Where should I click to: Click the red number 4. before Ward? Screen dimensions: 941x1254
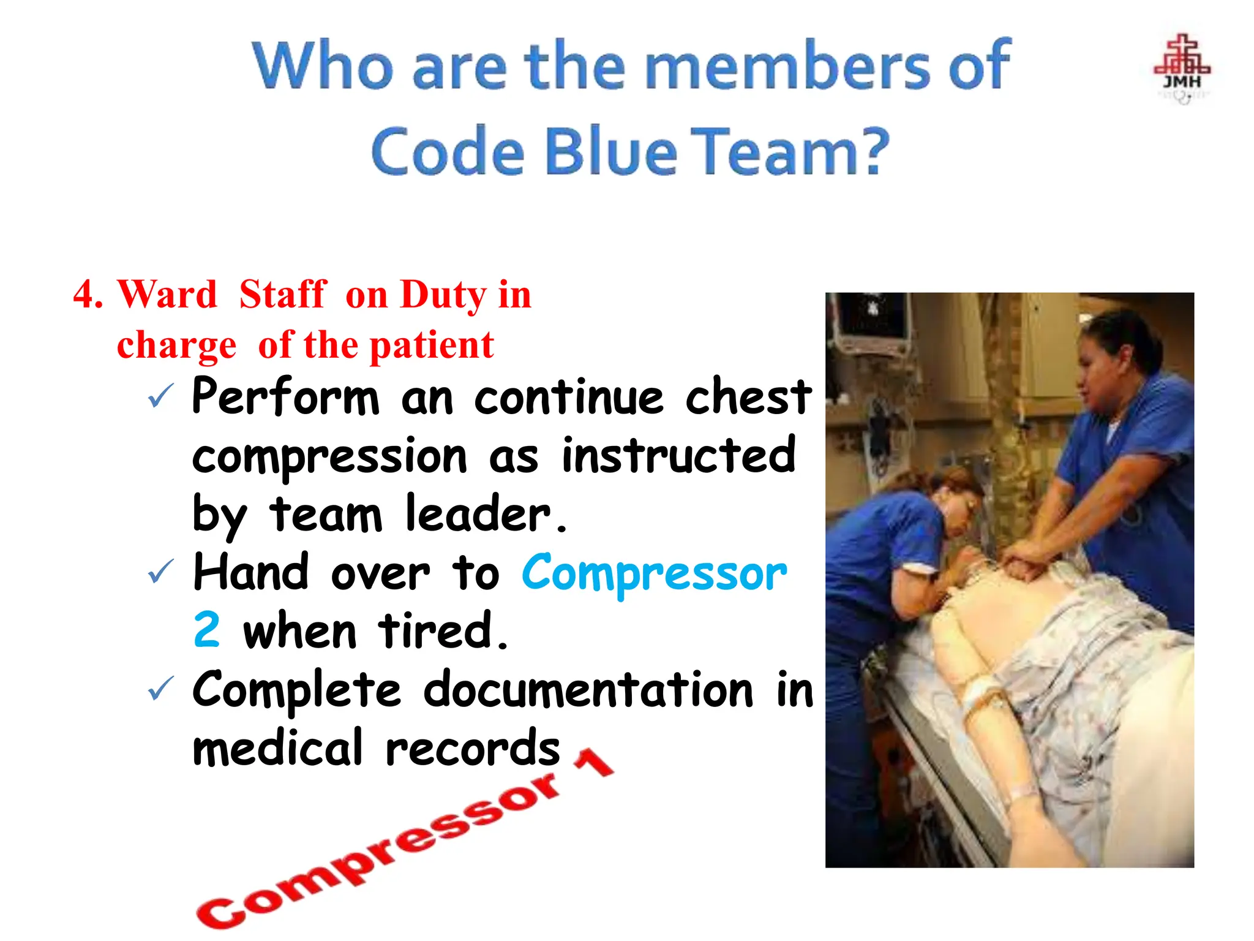click(88, 294)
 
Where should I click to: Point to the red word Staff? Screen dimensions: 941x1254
click(282, 294)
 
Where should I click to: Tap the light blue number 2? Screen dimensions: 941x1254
click(206, 630)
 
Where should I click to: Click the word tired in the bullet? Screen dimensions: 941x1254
click(443, 631)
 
